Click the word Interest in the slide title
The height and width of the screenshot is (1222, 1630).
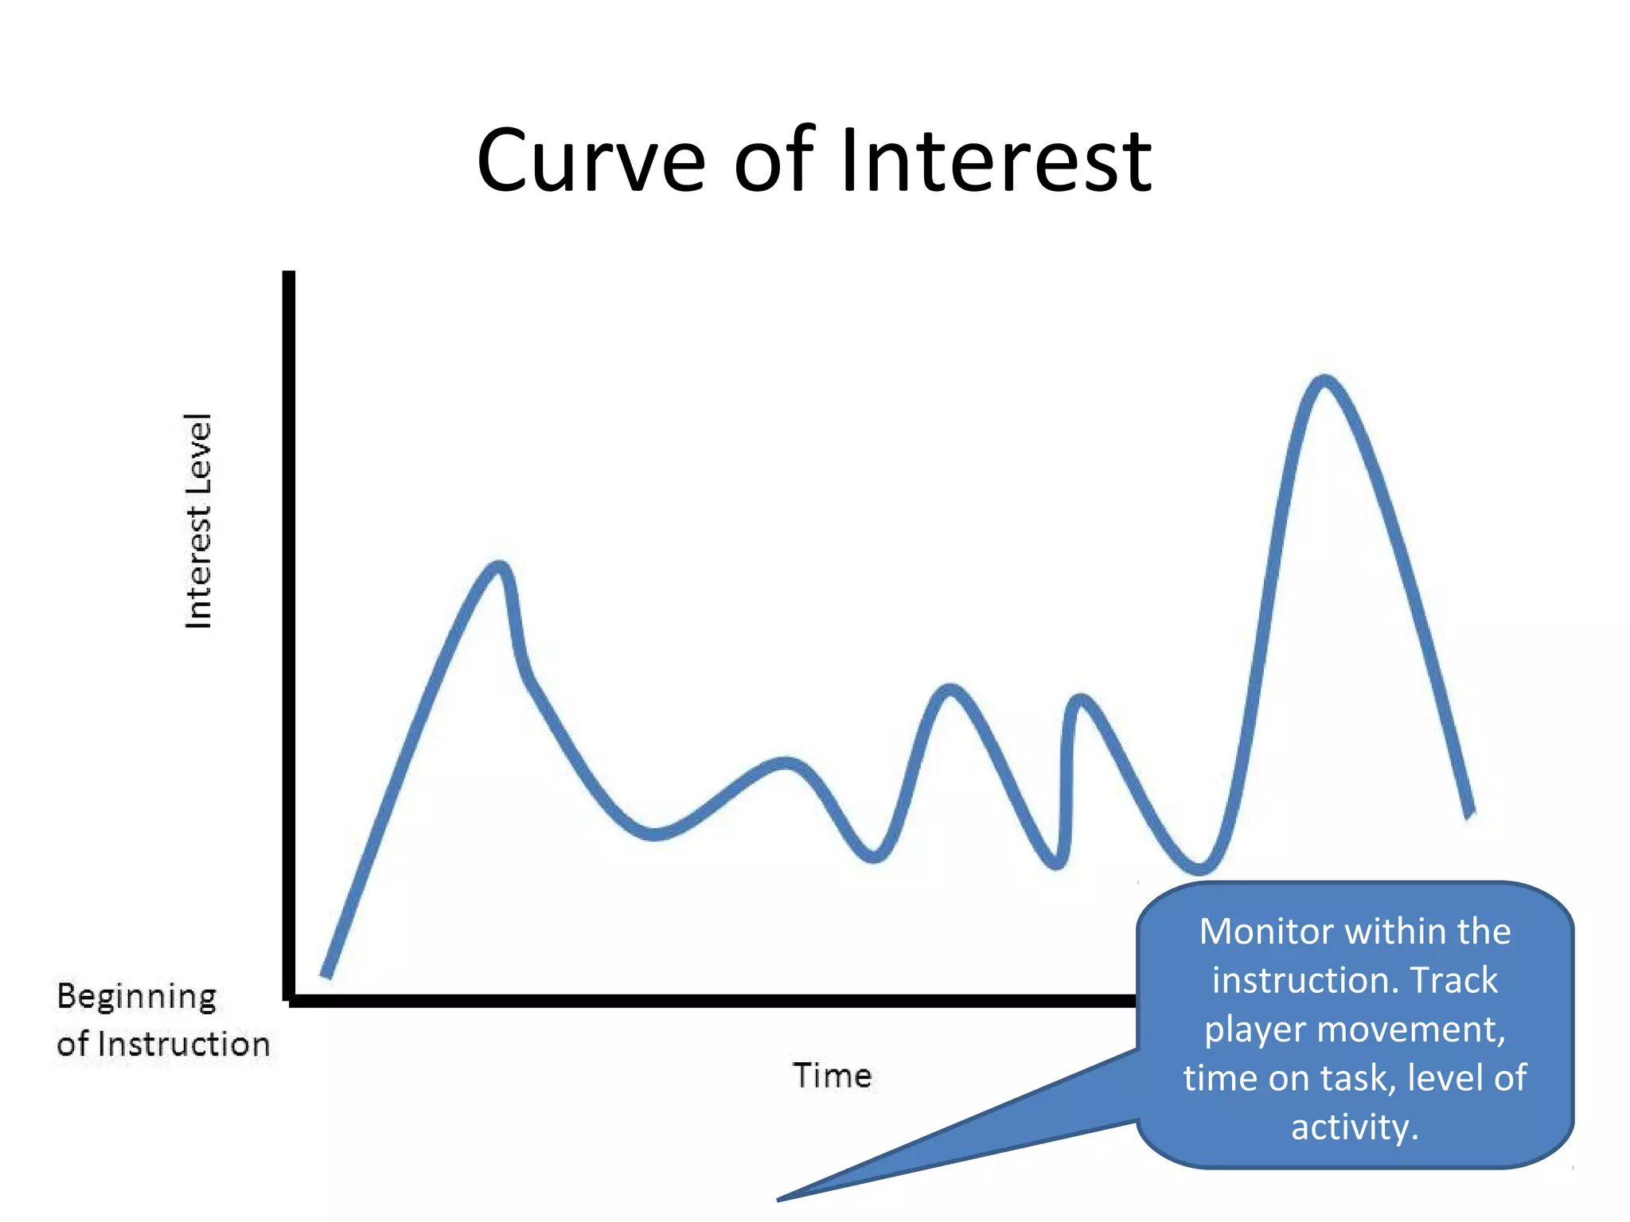995,161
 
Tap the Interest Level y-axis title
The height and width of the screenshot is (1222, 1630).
198,521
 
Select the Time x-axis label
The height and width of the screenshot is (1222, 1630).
832,1076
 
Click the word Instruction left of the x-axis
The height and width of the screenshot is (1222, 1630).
184,1045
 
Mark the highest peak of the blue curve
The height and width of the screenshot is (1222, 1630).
1324,380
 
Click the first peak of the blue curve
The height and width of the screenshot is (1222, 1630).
500,566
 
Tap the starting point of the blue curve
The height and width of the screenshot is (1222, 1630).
326,974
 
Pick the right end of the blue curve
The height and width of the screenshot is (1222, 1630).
1471,813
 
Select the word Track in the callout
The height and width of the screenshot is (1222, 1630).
1453,980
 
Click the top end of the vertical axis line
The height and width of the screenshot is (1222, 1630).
289,275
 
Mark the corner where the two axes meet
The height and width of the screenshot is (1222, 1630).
289,1000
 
